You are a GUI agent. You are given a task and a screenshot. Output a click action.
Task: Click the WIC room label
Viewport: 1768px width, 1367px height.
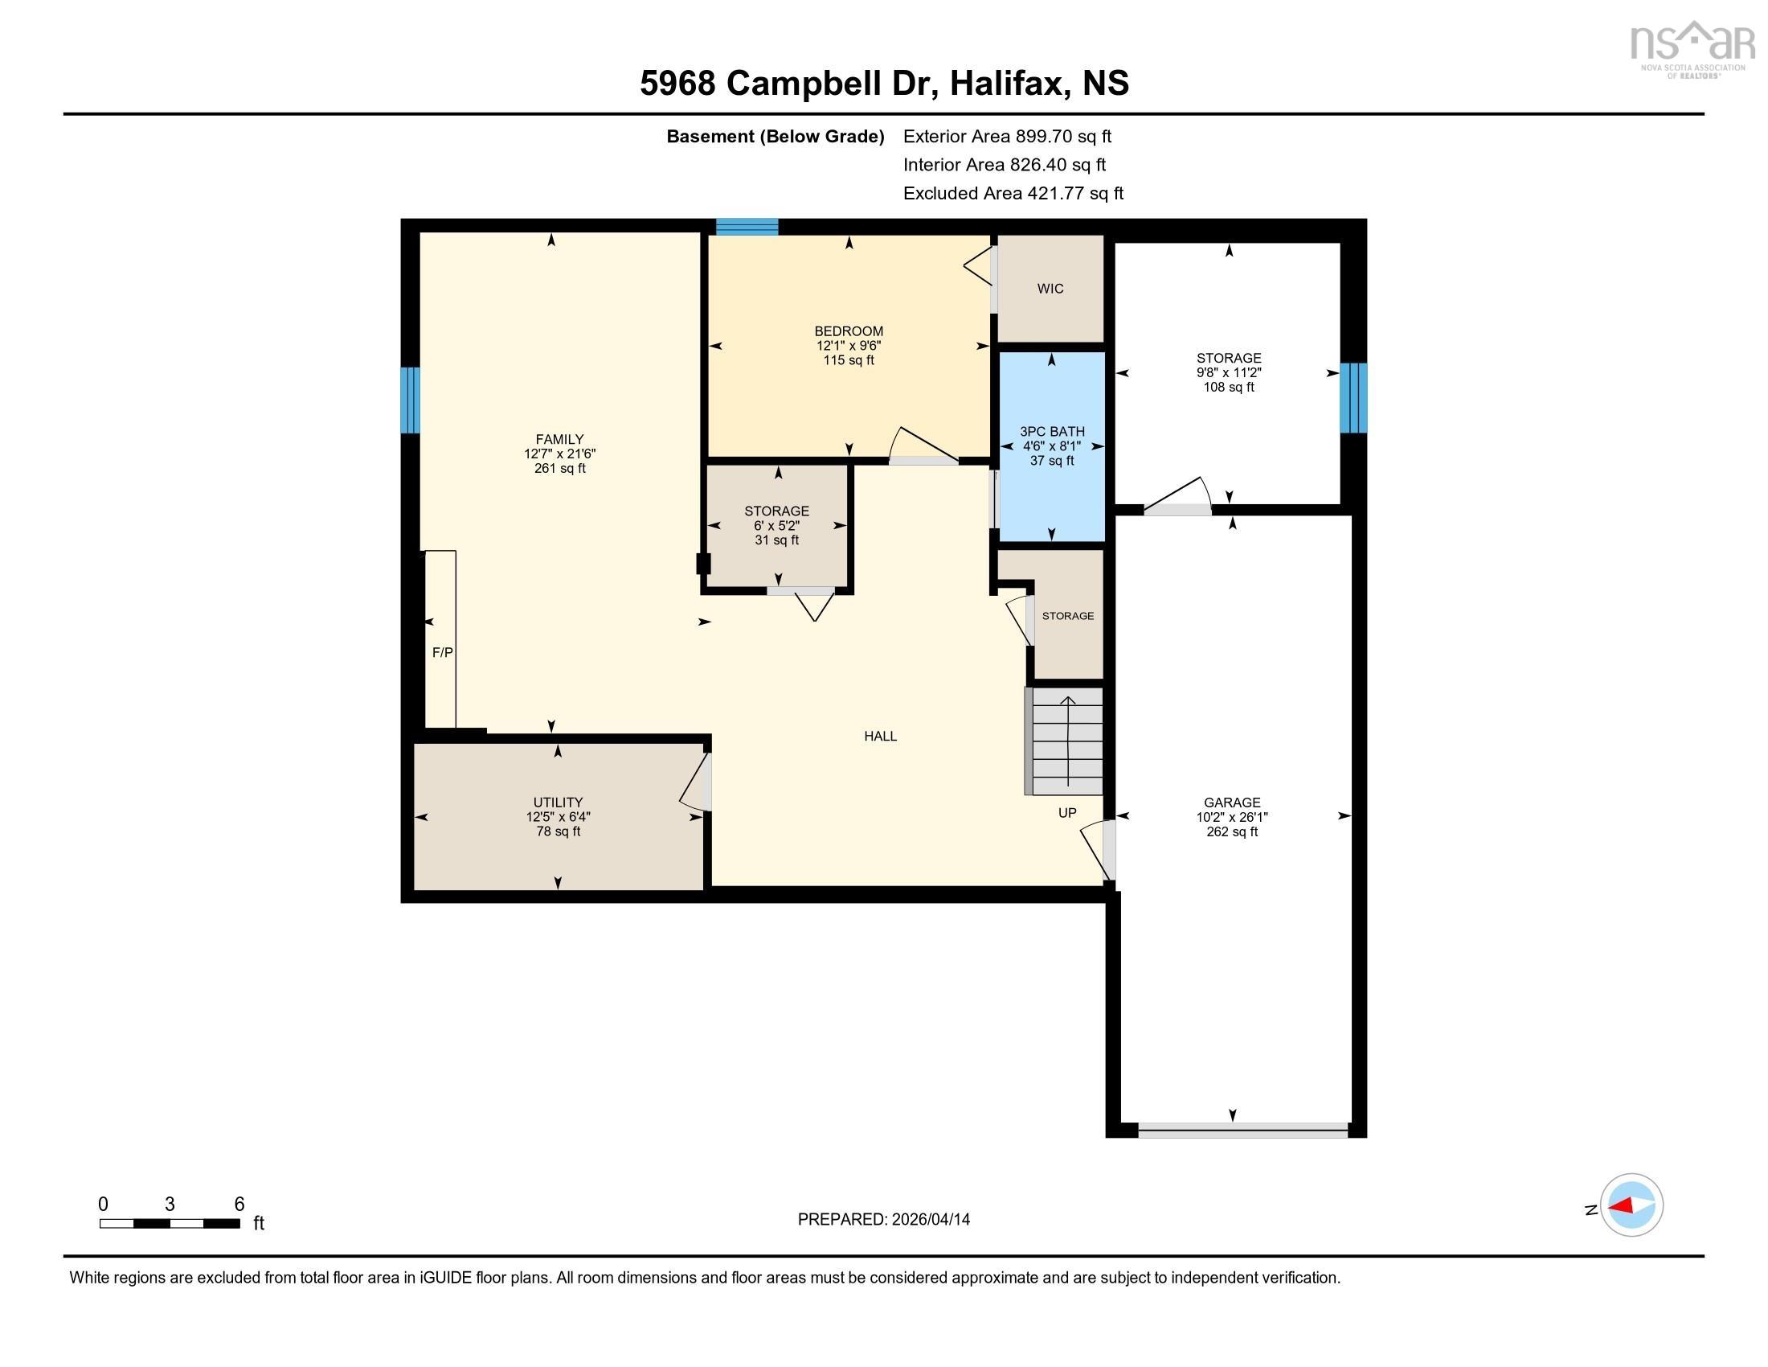point(1050,289)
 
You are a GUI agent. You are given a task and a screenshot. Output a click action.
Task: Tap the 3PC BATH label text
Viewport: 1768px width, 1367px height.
point(1052,432)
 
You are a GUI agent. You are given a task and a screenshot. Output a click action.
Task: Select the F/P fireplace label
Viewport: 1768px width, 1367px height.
point(442,652)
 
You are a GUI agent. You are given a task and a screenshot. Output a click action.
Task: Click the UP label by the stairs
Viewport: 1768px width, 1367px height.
point(1067,812)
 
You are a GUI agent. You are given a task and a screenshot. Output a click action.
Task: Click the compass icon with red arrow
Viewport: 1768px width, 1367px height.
point(1631,1205)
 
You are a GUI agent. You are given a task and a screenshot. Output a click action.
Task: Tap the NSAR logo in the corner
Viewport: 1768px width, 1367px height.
point(1692,48)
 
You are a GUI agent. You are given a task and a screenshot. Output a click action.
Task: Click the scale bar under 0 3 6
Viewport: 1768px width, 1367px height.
point(170,1223)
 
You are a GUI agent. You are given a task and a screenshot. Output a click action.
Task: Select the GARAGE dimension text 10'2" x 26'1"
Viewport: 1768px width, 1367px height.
point(1231,817)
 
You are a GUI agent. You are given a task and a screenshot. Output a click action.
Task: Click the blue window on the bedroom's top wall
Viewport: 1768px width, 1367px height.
point(747,227)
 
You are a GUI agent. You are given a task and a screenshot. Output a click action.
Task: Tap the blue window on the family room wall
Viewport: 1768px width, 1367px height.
point(411,400)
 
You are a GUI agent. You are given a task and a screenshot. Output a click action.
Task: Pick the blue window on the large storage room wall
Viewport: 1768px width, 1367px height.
point(1353,397)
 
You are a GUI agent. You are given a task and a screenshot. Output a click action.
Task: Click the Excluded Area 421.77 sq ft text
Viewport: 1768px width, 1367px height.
point(1013,193)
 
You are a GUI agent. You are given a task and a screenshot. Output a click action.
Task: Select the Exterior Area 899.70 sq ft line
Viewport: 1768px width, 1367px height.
point(1007,136)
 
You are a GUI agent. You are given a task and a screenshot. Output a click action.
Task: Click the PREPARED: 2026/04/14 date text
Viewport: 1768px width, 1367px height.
point(883,1219)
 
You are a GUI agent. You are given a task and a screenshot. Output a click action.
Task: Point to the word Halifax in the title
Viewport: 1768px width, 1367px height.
point(1005,84)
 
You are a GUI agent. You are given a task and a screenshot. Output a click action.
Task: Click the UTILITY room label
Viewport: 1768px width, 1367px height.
point(558,803)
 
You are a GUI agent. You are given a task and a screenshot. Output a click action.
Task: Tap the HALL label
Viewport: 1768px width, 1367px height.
point(880,736)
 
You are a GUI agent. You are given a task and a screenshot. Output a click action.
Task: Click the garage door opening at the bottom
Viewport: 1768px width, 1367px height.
point(1242,1131)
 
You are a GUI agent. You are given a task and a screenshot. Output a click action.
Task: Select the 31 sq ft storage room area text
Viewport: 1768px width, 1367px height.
point(776,540)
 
